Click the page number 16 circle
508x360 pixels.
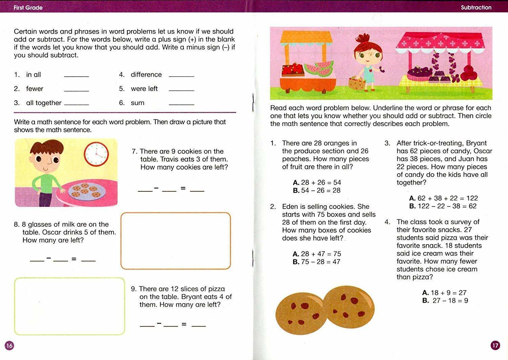tap(9, 345)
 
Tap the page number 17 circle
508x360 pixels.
tap(495, 345)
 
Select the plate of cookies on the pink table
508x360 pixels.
tap(87, 191)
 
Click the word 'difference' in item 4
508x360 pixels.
tap(146, 75)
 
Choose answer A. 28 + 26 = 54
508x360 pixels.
tap(317, 183)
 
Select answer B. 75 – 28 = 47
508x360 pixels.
tap(316, 262)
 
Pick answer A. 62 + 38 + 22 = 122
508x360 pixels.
tap(443, 198)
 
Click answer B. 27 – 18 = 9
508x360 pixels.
tap(445, 300)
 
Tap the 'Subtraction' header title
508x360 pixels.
tap(476, 7)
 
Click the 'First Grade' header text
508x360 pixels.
tap(28, 7)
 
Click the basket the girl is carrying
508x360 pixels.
tap(357, 83)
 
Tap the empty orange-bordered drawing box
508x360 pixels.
tap(175, 241)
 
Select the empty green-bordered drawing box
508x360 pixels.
tap(69, 306)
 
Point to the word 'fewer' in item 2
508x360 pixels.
tap(35, 89)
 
